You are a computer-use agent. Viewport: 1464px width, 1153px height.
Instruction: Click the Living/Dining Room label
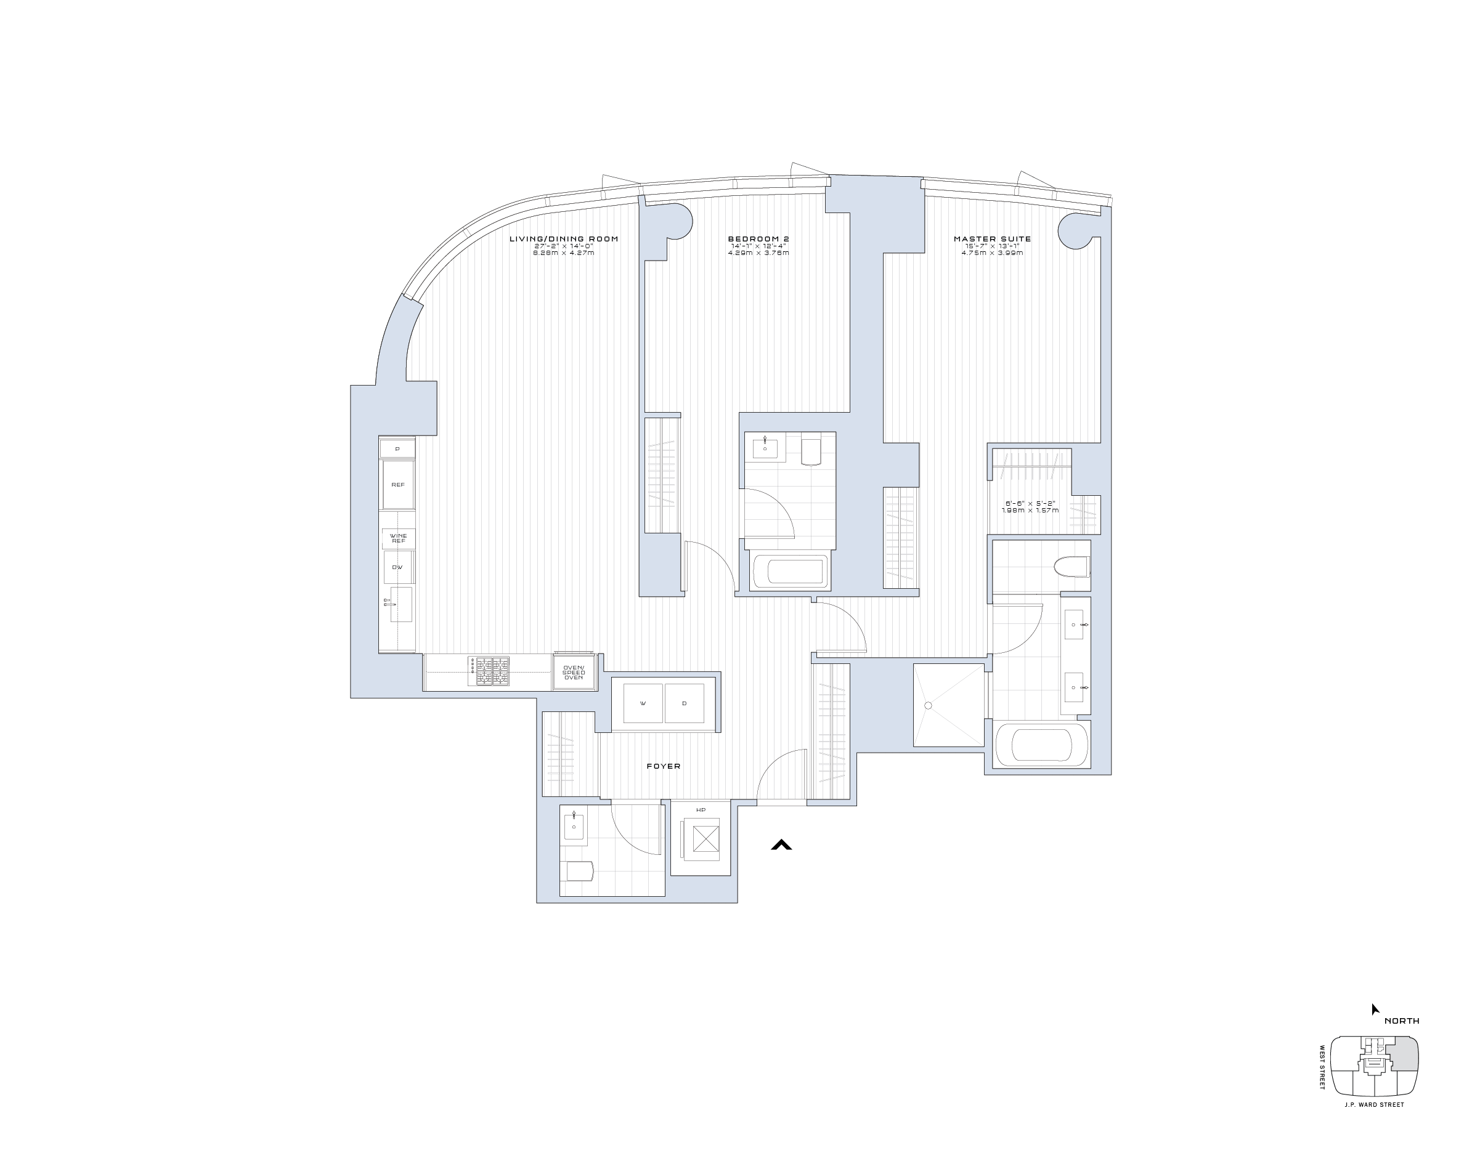click(x=563, y=239)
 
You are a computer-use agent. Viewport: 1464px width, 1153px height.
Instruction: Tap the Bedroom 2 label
click(x=758, y=239)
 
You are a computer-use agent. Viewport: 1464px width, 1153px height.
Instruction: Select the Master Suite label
click(x=992, y=239)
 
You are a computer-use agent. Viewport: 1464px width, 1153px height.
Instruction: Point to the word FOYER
click(x=663, y=766)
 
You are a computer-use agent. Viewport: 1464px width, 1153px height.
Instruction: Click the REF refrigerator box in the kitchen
click(x=398, y=485)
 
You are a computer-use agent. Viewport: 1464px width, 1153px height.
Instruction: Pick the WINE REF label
click(x=399, y=538)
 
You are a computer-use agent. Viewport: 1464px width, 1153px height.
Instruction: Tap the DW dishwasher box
click(x=398, y=567)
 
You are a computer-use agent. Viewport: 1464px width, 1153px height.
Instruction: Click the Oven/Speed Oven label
click(x=574, y=673)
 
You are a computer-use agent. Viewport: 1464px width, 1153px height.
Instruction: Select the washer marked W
click(x=643, y=703)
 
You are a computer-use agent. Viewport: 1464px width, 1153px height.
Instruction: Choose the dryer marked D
click(x=684, y=703)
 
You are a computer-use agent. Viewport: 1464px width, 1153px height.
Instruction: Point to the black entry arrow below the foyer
click(x=781, y=844)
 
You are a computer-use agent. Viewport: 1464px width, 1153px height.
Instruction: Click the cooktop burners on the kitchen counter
click(x=489, y=672)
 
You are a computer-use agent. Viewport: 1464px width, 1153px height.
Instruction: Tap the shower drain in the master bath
click(x=928, y=705)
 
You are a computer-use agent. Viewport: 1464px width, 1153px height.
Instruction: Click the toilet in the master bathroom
click(x=1072, y=567)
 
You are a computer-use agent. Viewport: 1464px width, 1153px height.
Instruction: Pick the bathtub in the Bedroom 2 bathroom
click(x=787, y=571)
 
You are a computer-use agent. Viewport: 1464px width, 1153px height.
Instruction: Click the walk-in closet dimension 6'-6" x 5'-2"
click(x=1030, y=507)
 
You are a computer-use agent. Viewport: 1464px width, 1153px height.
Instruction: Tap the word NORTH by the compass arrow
click(x=1401, y=1021)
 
